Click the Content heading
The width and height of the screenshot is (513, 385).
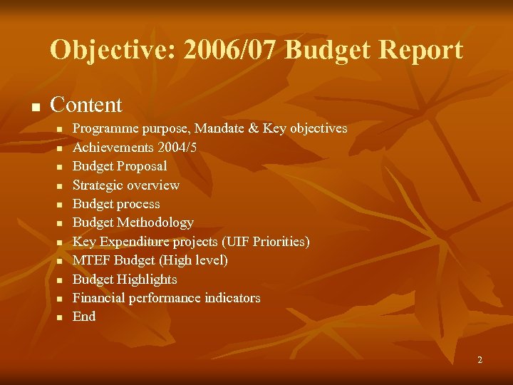point(86,105)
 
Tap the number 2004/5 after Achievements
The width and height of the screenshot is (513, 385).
point(177,148)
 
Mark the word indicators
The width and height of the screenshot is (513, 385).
point(229,298)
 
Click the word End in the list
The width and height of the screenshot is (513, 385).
point(84,317)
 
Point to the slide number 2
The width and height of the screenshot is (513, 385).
point(480,360)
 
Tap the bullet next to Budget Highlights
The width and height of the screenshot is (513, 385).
point(61,280)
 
